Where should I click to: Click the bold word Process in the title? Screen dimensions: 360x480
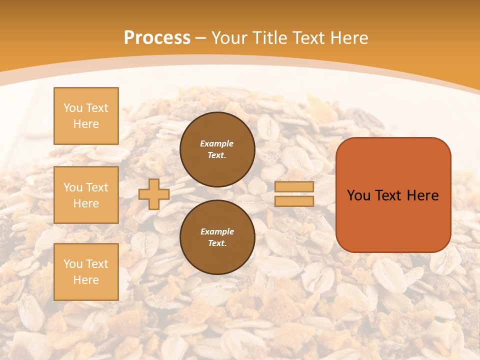click(157, 38)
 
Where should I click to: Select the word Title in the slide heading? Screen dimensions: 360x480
click(269, 38)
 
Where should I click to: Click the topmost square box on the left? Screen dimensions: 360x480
click(86, 116)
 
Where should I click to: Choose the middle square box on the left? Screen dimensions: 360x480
click(86, 195)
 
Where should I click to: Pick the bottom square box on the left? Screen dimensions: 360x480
click(86, 272)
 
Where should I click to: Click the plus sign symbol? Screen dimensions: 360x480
click(153, 194)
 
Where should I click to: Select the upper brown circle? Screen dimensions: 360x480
click(217, 149)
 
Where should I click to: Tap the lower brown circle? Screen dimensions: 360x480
click(217, 237)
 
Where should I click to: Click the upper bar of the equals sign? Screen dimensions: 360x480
click(294, 187)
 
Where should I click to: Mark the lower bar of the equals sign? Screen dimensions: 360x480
click(294, 201)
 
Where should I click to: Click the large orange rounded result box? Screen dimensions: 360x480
click(393, 195)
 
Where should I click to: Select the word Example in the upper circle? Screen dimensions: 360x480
click(217, 143)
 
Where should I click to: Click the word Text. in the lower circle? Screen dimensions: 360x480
click(217, 243)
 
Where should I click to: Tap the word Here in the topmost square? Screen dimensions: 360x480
click(86, 124)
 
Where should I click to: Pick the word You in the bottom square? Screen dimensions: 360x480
click(73, 264)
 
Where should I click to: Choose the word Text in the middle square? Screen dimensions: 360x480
click(96, 187)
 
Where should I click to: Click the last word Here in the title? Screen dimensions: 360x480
click(349, 38)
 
